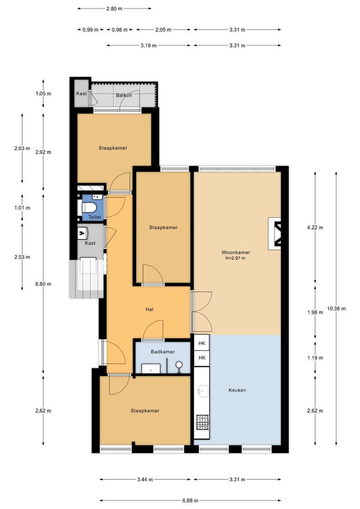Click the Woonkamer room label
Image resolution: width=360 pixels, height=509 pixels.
[x=236, y=252]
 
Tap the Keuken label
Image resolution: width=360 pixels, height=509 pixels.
[x=237, y=390]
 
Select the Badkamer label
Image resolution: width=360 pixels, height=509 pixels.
[x=163, y=352]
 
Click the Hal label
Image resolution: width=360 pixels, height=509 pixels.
[x=149, y=309]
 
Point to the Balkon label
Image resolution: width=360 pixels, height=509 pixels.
[x=124, y=95]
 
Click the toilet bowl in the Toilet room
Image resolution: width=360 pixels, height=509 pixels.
[x=88, y=207]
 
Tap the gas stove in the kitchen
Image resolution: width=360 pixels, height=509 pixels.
[x=203, y=422]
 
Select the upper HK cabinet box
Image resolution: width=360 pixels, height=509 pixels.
[x=202, y=343]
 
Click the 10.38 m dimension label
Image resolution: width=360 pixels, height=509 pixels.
[x=336, y=309]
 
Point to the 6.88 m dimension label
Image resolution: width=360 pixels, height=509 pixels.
[x=190, y=501]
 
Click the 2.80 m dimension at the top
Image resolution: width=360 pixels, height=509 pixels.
[x=114, y=9]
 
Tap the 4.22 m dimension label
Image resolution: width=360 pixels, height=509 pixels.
[x=315, y=228]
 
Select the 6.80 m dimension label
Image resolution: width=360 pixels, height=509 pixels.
[x=43, y=284]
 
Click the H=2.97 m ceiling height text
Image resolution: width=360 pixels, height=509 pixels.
[x=235, y=258]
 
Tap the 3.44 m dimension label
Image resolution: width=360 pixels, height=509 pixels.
[x=145, y=479]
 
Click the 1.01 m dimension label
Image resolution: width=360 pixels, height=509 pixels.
[x=22, y=208]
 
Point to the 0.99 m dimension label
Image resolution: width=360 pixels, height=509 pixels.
[x=90, y=30]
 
